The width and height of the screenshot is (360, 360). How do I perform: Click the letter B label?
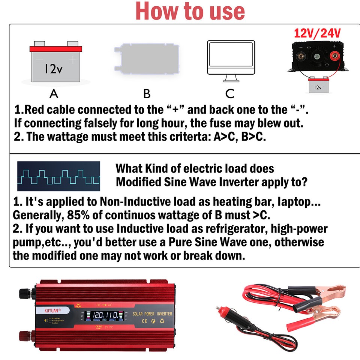point(147,93)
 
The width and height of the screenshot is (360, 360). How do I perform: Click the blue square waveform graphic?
point(58,176)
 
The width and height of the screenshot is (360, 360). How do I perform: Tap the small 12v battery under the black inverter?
point(318,86)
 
